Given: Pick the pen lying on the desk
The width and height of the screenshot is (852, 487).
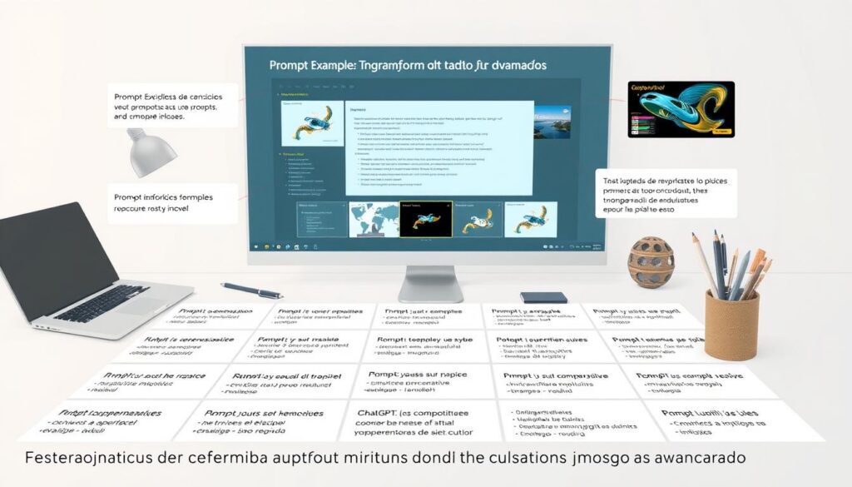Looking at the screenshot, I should (x=251, y=291).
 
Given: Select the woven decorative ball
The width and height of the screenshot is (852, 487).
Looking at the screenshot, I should (x=651, y=263).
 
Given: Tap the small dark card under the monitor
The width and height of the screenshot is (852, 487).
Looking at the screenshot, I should (x=543, y=297).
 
